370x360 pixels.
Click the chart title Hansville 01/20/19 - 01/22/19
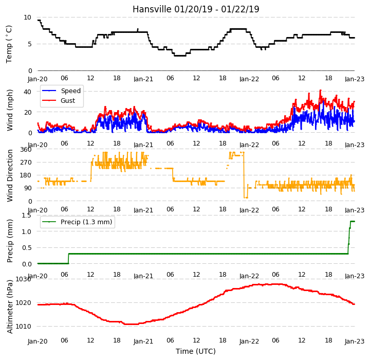coord(196,9)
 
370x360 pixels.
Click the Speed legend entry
coord(61,91)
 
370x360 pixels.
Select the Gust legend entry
coord(59,101)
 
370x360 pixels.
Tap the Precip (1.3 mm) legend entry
coord(77,222)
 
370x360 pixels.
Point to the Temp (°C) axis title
coord(9,44)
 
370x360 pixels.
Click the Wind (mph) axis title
coord(10,110)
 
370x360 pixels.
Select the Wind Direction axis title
coord(10,175)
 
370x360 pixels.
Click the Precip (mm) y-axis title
coord(10,241)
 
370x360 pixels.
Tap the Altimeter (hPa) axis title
coord(10,307)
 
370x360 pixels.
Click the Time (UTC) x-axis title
coord(196,351)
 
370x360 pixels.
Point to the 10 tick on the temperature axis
coord(27,17)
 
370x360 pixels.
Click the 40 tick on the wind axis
coord(27,92)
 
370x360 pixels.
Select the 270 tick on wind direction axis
coord(26,163)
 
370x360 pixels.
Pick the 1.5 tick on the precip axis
coord(26,215)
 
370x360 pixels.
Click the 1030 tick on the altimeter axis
coord(23,279)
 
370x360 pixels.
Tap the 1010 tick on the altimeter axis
coord(23,326)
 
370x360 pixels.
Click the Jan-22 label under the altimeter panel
coord(249,341)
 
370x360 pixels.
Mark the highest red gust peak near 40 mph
coord(321,90)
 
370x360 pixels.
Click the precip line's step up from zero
coord(68,258)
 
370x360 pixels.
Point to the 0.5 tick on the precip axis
coord(26,248)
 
